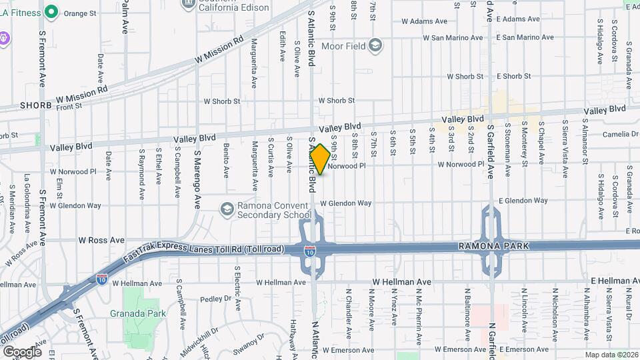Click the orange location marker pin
click(x=320, y=159)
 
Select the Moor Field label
click(x=343, y=46)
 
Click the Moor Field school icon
click(x=375, y=46)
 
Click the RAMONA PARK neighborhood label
click(x=494, y=246)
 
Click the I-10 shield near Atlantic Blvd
click(x=311, y=252)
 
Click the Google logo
click(x=21, y=351)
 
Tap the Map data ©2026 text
click(x=611, y=355)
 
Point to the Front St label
click(x=69, y=106)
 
